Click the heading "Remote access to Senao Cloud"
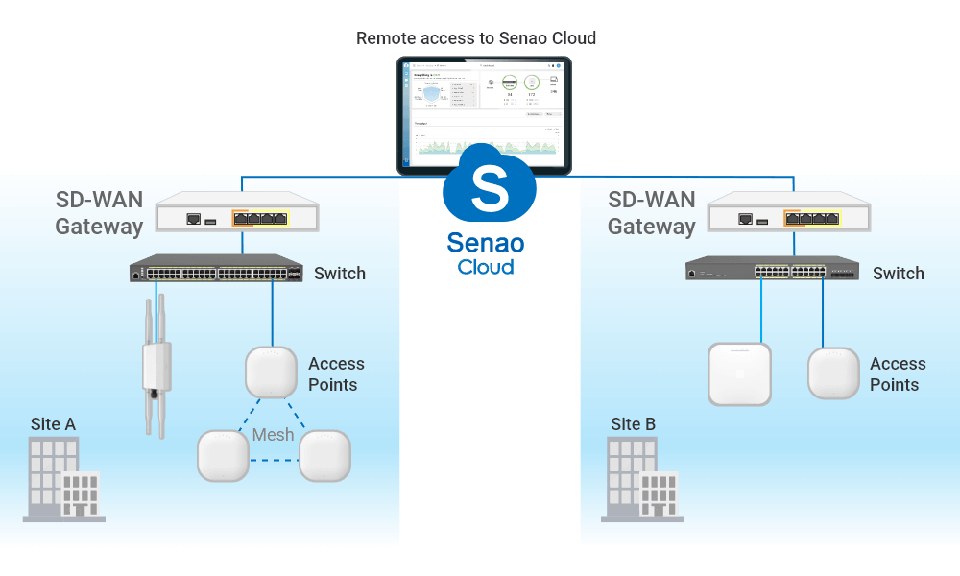click(x=476, y=38)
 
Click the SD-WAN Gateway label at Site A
click(x=98, y=213)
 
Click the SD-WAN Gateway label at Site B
click(x=652, y=213)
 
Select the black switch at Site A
click(x=216, y=269)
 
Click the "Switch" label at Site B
click(x=898, y=274)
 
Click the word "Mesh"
click(x=273, y=435)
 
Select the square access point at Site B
click(x=739, y=372)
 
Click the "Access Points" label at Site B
click(x=897, y=374)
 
